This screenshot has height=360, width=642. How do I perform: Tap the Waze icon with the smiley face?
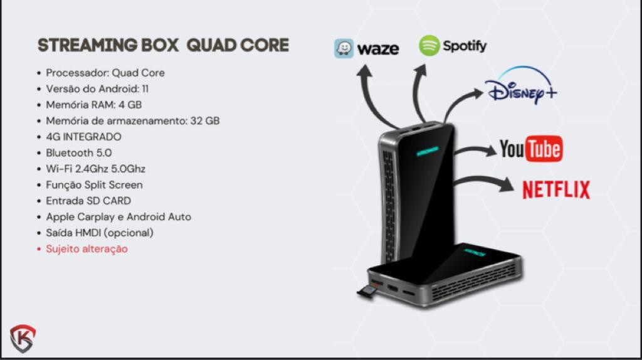click(x=344, y=49)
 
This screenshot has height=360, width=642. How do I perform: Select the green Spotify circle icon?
click(x=429, y=45)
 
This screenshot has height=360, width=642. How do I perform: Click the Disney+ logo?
click(x=521, y=85)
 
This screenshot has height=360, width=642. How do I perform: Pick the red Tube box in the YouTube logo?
click(x=544, y=149)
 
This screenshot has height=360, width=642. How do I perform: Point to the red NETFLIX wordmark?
click(x=556, y=189)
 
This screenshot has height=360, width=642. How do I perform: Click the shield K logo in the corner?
click(x=23, y=339)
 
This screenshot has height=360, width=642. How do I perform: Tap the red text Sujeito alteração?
click(x=87, y=248)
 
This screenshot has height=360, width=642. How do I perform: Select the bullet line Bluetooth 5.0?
click(x=78, y=153)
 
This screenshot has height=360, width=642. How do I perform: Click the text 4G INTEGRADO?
click(x=83, y=137)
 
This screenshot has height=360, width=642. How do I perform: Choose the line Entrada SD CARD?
click(x=88, y=201)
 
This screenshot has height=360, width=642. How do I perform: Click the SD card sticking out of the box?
click(x=367, y=292)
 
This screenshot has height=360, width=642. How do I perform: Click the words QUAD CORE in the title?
click(x=238, y=45)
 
